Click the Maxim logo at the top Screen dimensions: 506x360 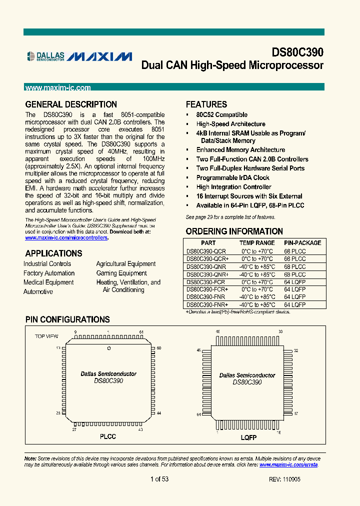pos(100,56)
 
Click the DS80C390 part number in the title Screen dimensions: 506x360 pos(297,52)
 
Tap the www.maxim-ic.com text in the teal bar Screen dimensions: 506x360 pos(57,88)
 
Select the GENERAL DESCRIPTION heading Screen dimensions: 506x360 pos(71,104)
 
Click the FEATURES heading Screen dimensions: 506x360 pos(206,104)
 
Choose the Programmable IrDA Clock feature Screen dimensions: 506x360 pos(232,177)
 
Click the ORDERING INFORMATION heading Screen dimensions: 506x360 pos(234,231)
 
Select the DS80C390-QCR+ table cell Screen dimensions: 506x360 pos(207,259)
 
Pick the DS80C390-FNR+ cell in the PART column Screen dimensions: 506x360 pos(207,304)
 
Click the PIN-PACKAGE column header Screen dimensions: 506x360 pos(302,242)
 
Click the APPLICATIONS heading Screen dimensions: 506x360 pos(53,253)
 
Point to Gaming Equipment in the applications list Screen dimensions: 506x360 pos(121,273)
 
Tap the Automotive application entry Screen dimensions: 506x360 pos(38,291)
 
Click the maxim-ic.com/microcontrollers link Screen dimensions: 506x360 pos(66,238)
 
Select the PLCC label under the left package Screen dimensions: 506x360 pos(107,436)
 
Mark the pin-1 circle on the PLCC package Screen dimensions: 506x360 pos(108,347)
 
